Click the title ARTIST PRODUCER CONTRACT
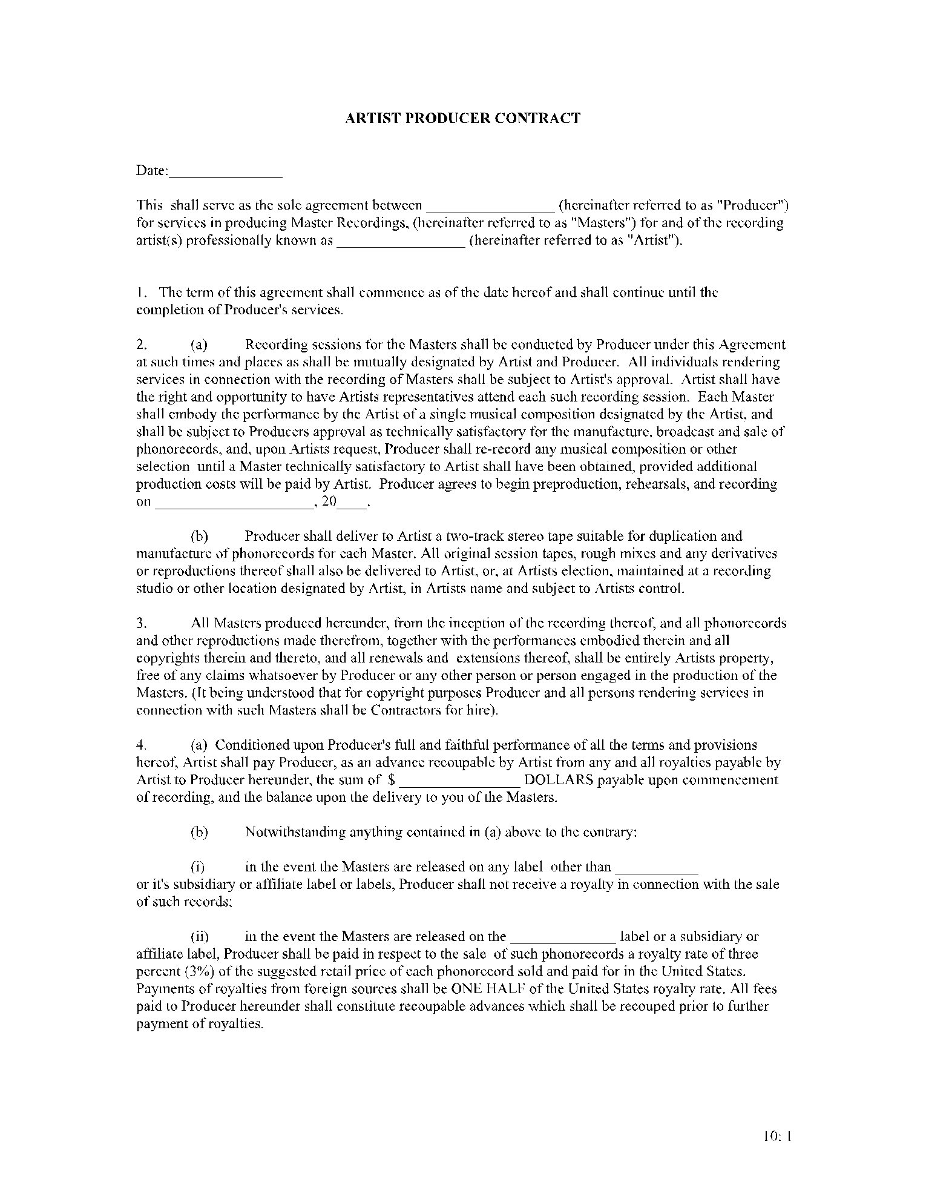click(462, 118)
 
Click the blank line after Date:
click(225, 173)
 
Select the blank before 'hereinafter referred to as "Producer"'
click(491, 207)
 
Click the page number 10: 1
click(778, 1137)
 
